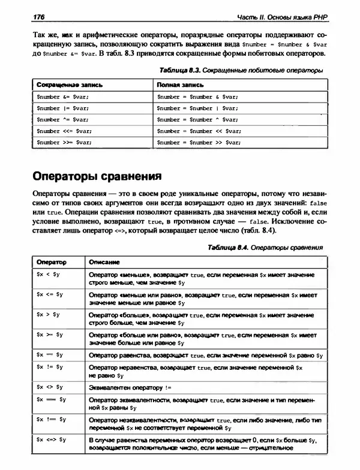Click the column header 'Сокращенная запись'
(64, 86)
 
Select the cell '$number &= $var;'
(63, 97)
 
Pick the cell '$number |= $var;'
(63, 109)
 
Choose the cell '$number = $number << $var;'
(198, 131)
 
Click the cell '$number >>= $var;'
(63, 143)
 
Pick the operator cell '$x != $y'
(48, 366)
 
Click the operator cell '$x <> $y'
(48, 386)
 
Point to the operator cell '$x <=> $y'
(50, 441)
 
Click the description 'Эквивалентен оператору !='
(130, 387)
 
